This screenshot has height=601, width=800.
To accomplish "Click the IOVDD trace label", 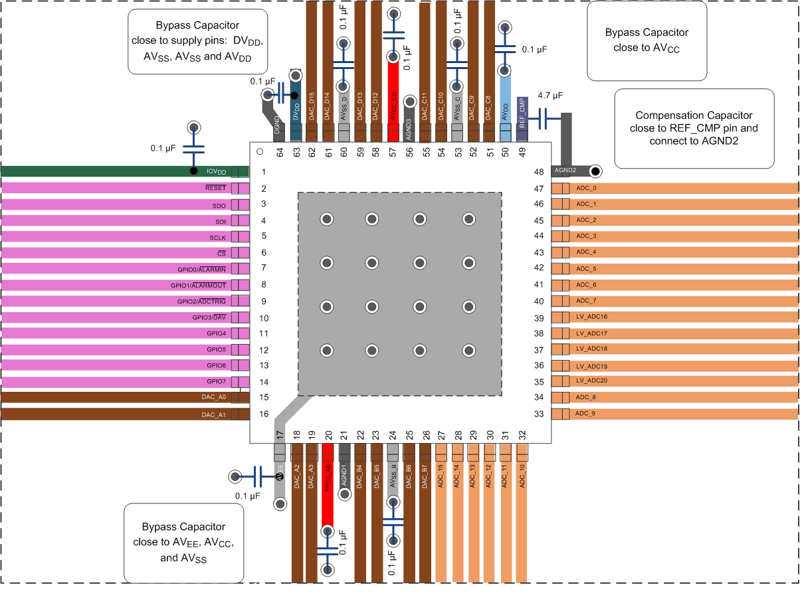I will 216,172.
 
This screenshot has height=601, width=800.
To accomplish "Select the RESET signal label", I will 216,189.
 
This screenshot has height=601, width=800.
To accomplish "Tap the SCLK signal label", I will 218,237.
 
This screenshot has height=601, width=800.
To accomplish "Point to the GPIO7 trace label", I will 216,382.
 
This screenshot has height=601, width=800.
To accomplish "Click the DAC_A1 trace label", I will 213,415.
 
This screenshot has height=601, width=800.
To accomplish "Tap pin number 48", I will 539,172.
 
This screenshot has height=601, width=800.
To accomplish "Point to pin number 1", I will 264,172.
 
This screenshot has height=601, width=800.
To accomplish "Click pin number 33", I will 539,414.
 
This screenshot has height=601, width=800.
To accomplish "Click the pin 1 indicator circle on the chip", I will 260,152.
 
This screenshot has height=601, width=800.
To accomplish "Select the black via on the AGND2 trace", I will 595,171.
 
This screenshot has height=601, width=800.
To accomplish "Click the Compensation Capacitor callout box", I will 694,128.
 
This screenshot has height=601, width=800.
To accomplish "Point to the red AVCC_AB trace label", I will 328,477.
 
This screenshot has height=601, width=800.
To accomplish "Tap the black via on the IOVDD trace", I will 193,171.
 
